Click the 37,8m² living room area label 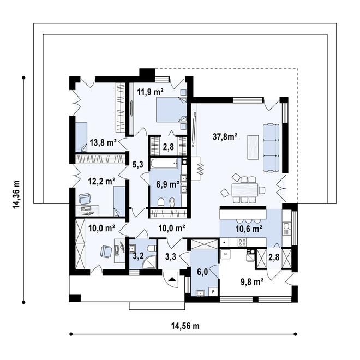[x=225, y=137]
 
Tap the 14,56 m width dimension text [x=185, y=326]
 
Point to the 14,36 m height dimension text [x=16, y=195]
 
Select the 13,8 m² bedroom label [x=103, y=142]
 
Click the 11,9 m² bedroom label [x=150, y=92]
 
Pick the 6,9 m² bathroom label [x=168, y=184]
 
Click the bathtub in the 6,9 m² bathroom [x=165, y=163]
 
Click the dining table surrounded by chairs [x=245, y=190]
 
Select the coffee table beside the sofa [x=253, y=147]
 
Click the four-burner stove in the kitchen [x=242, y=242]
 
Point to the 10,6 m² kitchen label [x=249, y=229]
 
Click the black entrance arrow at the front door [x=172, y=279]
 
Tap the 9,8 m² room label [x=252, y=282]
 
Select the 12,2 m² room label [x=101, y=182]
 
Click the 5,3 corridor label [x=138, y=164]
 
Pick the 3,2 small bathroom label [x=139, y=256]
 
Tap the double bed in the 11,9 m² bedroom [x=171, y=110]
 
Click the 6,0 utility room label [x=202, y=272]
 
